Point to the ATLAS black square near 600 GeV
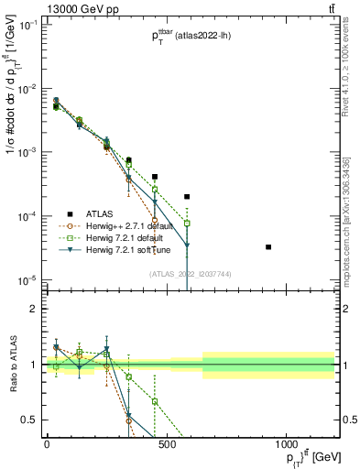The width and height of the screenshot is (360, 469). tap(187, 197)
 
